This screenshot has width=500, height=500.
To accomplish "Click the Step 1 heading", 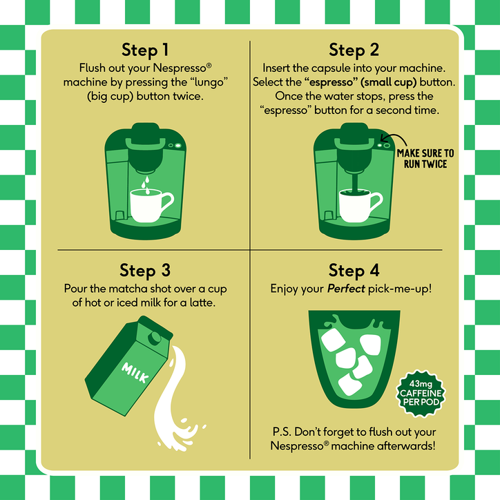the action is pyautogui.click(x=145, y=50).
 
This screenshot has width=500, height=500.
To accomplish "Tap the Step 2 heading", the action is pyautogui.click(x=354, y=50).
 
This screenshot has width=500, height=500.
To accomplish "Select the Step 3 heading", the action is pyautogui.click(x=145, y=271).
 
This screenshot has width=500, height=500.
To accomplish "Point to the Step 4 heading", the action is pyautogui.click(x=354, y=271).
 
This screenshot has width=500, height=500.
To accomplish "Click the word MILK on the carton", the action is pyautogui.click(x=135, y=373).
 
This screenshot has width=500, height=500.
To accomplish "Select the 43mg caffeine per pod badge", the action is pyautogui.click(x=421, y=394).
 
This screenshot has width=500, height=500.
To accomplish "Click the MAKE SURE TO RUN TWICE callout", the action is pyautogui.click(x=425, y=158).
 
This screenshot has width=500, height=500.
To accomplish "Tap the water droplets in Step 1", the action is pyautogui.click(x=146, y=185).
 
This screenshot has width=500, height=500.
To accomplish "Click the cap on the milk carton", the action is pyautogui.click(x=155, y=338).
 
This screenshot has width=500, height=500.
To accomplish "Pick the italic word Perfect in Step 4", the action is pyautogui.click(x=346, y=289).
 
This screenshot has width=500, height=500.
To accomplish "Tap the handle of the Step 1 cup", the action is pyautogui.click(x=167, y=202).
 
